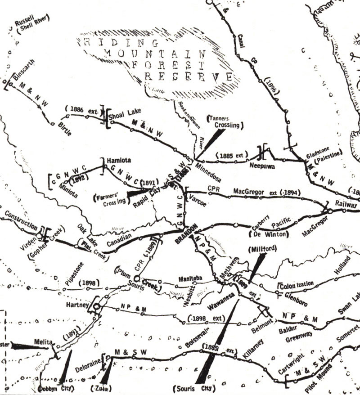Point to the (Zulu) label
[103, 387]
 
